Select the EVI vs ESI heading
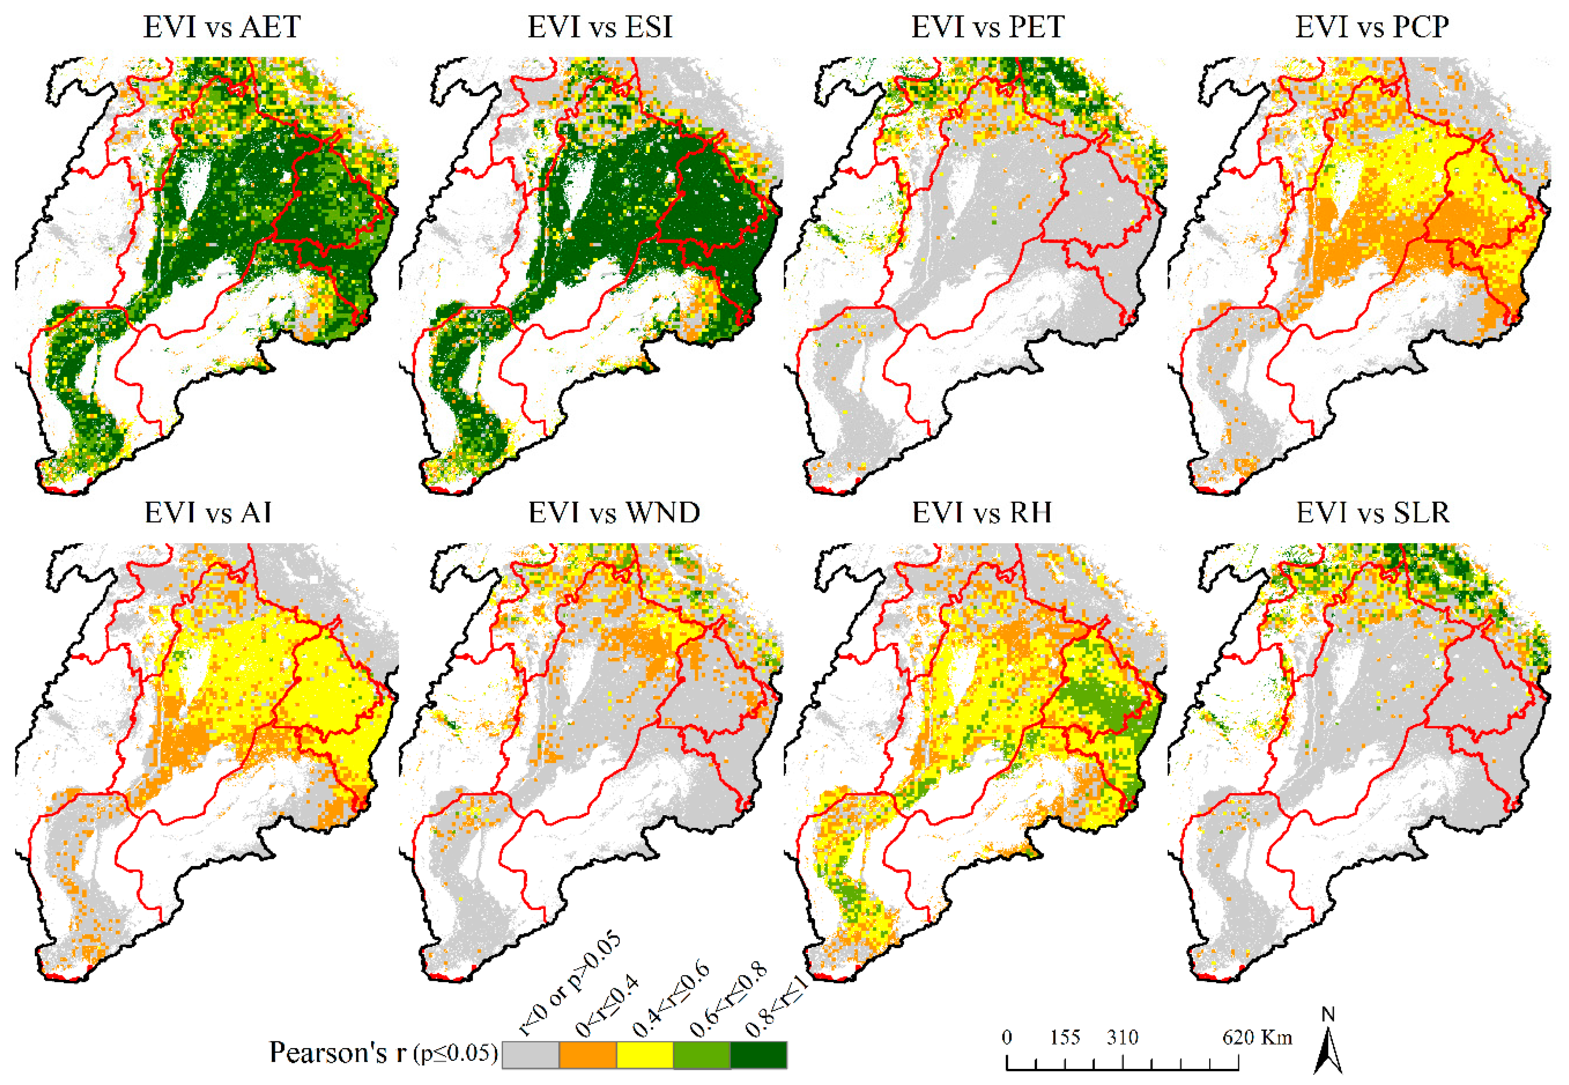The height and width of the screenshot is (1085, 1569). (600, 27)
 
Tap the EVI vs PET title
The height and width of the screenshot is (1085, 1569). (988, 27)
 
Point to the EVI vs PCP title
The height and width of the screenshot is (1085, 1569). (1372, 27)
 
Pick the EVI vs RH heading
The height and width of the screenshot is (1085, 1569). (982, 513)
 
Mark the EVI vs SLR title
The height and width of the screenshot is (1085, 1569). (1372, 513)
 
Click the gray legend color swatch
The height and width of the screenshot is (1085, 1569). (531, 1054)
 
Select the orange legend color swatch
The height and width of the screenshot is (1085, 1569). (587, 1054)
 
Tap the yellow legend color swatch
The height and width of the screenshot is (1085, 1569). (645, 1054)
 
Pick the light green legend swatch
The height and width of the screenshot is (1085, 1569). (702, 1054)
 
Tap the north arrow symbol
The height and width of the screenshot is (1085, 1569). (1328, 1043)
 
